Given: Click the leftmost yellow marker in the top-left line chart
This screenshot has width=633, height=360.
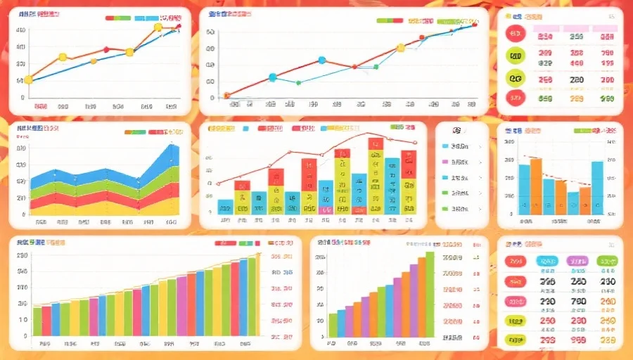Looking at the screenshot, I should [28, 79].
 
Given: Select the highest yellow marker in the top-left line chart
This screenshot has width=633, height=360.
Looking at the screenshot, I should [158, 27].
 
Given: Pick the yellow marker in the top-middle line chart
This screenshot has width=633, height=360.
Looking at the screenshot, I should [401, 48].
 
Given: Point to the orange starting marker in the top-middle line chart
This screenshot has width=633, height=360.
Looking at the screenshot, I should [227, 95].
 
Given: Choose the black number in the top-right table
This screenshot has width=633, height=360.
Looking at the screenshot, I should [577, 80].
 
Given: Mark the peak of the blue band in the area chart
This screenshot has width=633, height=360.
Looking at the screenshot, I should [173, 146].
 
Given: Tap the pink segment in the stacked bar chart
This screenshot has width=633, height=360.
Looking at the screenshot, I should [325, 209].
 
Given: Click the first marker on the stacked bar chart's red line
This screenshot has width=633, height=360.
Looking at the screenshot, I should [219, 184].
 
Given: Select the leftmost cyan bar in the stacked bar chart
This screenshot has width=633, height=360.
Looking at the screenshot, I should [225, 206].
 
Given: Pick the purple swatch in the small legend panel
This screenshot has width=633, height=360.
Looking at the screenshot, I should [445, 162].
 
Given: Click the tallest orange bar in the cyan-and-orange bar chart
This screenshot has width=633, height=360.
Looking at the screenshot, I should [536, 186].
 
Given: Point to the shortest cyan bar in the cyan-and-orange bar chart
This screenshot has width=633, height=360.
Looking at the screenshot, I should [573, 202].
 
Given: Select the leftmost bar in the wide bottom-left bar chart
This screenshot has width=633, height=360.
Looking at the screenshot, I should [37, 321].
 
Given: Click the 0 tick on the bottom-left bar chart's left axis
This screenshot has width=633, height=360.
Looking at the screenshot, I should [24, 334].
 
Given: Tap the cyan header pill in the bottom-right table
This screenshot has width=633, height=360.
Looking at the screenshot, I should [547, 261].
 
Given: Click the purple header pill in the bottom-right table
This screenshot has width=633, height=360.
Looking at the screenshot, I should [577, 261].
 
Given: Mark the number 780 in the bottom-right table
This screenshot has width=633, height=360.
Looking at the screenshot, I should [578, 302].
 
